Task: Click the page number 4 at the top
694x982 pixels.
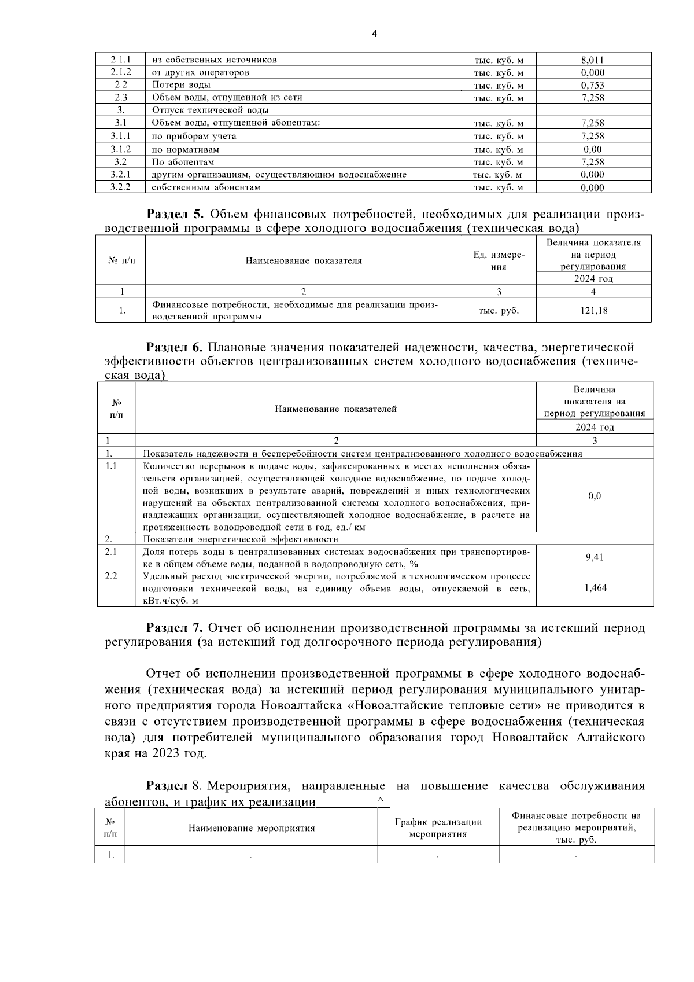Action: [374, 34]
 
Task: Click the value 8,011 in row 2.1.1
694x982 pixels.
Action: [593, 60]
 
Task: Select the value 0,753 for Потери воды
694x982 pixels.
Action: [593, 85]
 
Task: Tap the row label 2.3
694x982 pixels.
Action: [120, 98]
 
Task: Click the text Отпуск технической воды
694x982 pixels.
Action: [210, 110]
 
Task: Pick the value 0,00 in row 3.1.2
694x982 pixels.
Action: [593, 149]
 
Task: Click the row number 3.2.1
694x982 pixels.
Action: [120, 174]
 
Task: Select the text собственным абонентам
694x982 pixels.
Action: [205, 187]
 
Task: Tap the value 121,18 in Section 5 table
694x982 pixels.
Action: [593, 311]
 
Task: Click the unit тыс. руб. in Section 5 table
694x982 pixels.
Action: [499, 311]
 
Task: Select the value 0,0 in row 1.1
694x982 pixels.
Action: [594, 496]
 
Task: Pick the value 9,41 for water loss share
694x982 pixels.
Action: [594, 557]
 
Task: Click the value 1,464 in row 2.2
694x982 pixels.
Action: [595, 588]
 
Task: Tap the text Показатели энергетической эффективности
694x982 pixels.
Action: [240, 539]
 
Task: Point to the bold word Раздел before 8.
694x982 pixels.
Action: [167, 786]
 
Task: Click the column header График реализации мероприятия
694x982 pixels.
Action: [438, 828]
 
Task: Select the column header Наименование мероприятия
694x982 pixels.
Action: [252, 828]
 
